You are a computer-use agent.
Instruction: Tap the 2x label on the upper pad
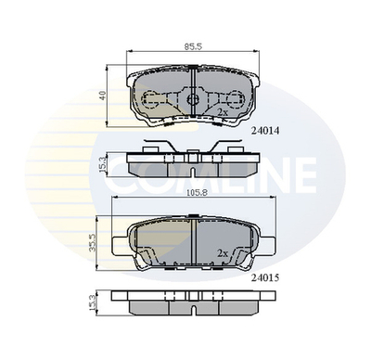click(x=223, y=111)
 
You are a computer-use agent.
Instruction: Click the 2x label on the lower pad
click(x=223, y=252)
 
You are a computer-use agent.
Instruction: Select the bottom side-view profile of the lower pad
click(x=193, y=302)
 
